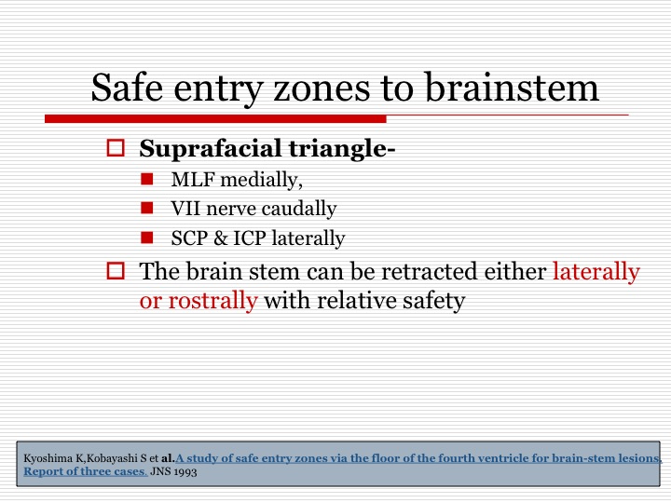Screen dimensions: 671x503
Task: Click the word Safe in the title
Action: [x=127, y=87]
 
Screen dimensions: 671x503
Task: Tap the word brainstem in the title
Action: [x=512, y=87]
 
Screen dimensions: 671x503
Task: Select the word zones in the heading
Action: [x=322, y=88]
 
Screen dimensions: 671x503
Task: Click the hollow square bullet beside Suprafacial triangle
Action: [x=116, y=147]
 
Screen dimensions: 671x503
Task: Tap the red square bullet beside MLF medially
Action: [x=147, y=179]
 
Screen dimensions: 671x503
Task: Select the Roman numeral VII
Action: [x=185, y=209]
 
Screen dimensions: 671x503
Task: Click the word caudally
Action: [x=299, y=210]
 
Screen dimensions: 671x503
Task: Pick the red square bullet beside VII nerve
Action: [x=147, y=208]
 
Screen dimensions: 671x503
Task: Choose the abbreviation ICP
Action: [x=250, y=238]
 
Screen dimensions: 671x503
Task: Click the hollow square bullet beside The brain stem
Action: [x=116, y=271]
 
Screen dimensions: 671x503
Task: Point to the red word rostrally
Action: [x=213, y=300]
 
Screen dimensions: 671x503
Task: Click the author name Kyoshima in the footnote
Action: [x=48, y=458]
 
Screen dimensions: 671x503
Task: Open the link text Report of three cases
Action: [x=85, y=471]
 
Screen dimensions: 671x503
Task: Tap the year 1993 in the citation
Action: [x=185, y=472]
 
